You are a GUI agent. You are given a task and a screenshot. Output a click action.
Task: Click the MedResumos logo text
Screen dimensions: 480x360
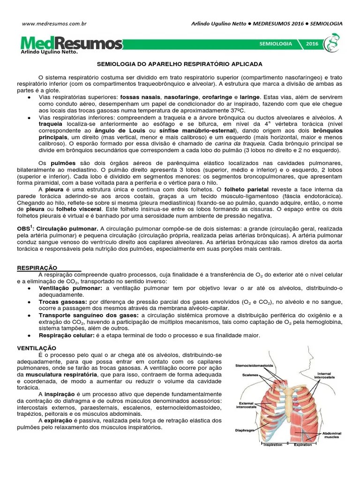pyautogui.click(x=72, y=44)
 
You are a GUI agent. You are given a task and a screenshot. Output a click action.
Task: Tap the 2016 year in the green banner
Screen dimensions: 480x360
pyautogui.click(x=312, y=43)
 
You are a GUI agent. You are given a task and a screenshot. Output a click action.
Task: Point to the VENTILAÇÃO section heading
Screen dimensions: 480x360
pyautogui.click(x=37, y=348)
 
